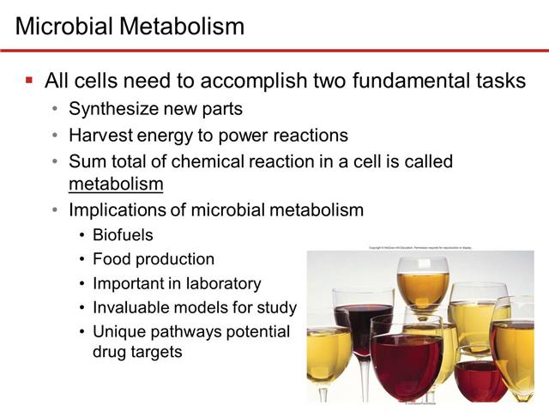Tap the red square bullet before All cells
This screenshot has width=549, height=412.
coord(29,82)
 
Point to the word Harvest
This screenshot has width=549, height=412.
coord(100,135)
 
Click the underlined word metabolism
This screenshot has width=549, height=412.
coord(116,183)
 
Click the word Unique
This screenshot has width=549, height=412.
coord(116,331)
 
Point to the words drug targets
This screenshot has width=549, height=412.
coord(136,351)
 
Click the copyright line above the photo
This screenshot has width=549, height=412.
coord(420,247)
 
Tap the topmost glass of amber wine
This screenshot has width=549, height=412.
coord(422,288)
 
